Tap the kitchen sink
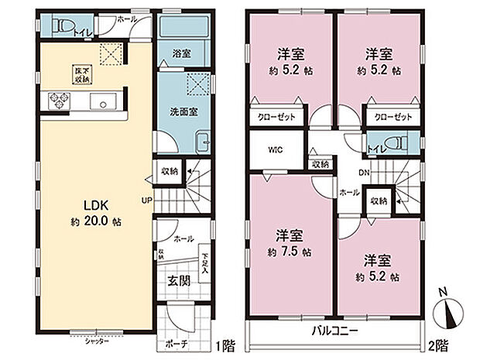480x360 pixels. coord(104,101)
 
